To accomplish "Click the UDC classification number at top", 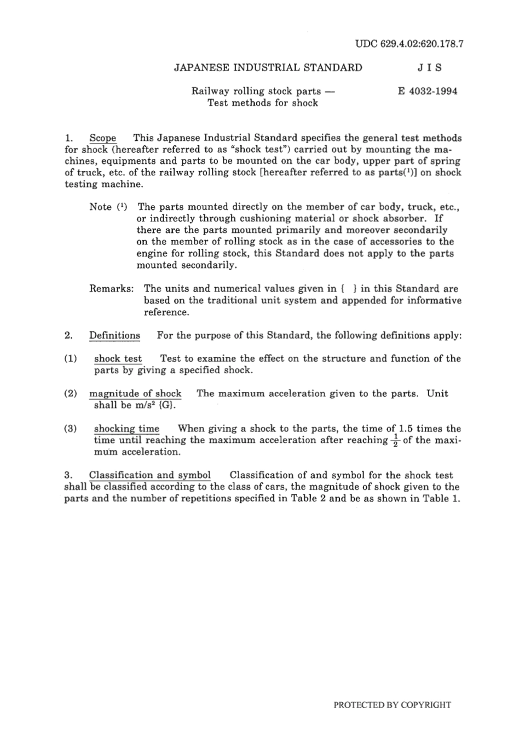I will coord(409,44).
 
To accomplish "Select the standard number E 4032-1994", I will coord(427,91).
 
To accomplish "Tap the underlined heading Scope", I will coord(103,138).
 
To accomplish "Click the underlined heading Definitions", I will coord(114,335).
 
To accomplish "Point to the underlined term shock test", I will coord(118,358).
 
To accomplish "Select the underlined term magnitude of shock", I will coord(135,393).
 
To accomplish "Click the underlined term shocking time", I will coord(126,429).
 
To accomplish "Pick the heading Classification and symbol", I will coord(149,475).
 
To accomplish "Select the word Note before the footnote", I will coord(101,207).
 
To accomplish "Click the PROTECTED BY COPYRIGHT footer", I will coord(392,705).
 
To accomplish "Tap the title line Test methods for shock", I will coord(262,103).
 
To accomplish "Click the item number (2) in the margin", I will coord(71,393).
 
